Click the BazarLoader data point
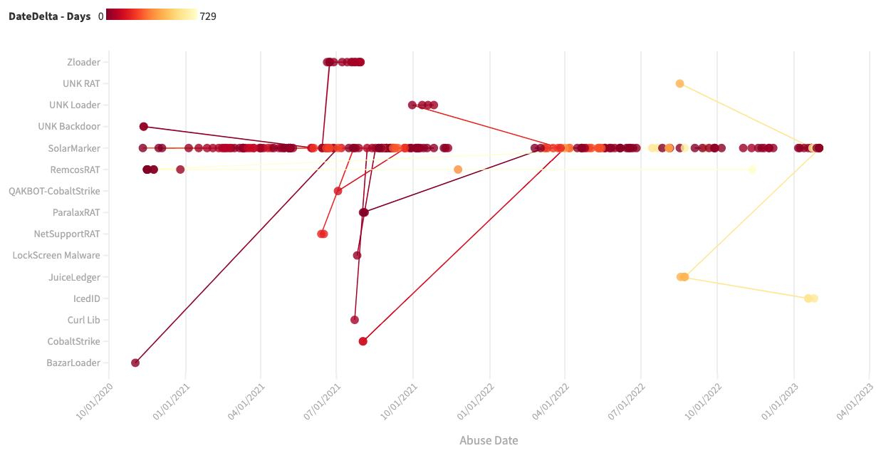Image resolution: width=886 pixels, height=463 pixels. click(x=135, y=363)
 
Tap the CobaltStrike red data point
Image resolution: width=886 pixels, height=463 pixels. click(x=363, y=341)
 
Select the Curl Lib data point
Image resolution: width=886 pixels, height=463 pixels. click(x=355, y=320)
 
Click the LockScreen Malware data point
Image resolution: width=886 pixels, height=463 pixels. click(x=358, y=255)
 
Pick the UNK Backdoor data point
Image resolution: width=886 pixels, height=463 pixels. click(x=144, y=127)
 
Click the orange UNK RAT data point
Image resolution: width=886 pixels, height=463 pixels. click(x=679, y=83)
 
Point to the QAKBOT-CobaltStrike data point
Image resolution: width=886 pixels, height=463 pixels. click(x=338, y=191)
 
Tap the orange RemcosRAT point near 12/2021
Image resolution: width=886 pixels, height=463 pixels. click(x=458, y=170)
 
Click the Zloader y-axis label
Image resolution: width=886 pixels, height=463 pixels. click(x=83, y=62)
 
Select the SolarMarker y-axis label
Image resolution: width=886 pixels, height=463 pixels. click(x=74, y=148)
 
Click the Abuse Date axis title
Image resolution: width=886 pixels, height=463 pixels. click(x=489, y=440)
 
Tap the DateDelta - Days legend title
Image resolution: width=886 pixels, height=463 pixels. click(x=49, y=16)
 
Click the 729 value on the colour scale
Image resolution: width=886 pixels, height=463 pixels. click(x=208, y=16)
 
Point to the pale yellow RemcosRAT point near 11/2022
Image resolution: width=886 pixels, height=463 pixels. click(x=752, y=170)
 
